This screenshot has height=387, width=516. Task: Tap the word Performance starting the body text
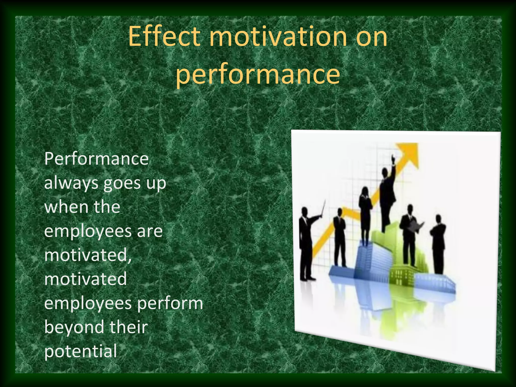(x=96, y=159)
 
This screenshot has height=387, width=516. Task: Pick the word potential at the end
(x=81, y=351)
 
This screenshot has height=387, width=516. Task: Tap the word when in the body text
(x=64, y=207)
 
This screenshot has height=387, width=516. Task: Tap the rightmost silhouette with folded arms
(x=438, y=244)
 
